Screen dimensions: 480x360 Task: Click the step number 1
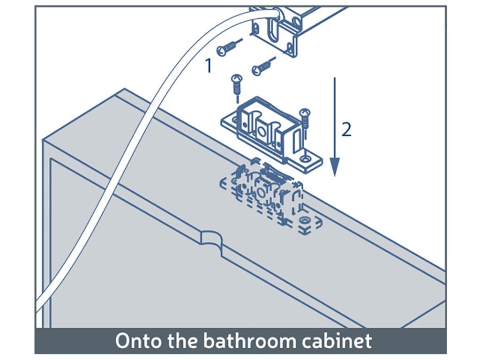coord(209,66)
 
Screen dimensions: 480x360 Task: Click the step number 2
coord(346,129)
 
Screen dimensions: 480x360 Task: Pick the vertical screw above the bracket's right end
coord(305,120)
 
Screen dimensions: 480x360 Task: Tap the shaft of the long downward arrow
coord(335,117)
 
